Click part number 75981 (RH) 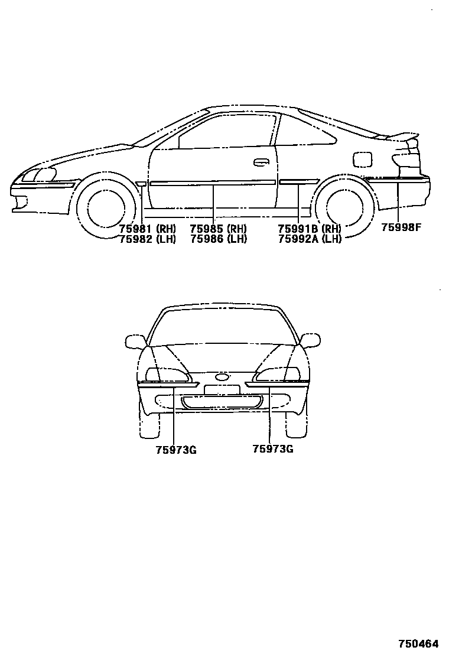click(x=147, y=229)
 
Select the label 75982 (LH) click(x=147, y=239)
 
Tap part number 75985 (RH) click(x=218, y=229)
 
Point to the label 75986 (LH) click(x=218, y=239)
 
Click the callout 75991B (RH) click(x=309, y=229)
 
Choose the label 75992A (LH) click(x=309, y=239)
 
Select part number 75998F click(x=401, y=227)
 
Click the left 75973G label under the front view click(x=175, y=450)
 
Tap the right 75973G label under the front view click(x=272, y=449)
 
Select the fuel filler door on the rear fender click(x=362, y=159)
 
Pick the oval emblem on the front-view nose click(x=222, y=377)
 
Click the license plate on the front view click(x=222, y=389)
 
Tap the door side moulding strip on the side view click(x=213, y=183)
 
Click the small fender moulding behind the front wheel click(x=141, y=184)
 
